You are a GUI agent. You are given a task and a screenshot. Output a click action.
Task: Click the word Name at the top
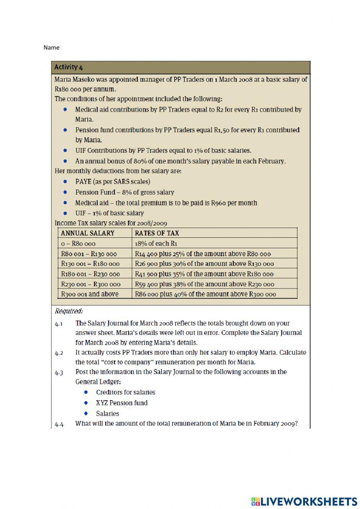[x=51, y=48]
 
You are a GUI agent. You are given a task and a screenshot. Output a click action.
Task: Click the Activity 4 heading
[x=68, y=67]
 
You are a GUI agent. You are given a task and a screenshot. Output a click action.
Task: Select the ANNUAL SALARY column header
[x=87, y=233]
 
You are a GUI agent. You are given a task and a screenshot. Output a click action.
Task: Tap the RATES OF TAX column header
[x=157, y=233]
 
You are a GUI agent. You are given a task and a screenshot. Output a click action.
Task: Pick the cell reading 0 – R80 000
[x=78, y=244]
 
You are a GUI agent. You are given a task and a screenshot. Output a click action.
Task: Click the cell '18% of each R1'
[x=156, y=244]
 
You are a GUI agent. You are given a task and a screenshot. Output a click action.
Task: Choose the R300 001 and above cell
[x=90, y=294]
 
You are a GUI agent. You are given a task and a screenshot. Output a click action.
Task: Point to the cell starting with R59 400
[x=204, y=284]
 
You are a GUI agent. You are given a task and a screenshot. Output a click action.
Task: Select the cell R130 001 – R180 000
[x=90, y=264]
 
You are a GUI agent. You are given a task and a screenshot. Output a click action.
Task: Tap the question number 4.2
[x=59, y=353]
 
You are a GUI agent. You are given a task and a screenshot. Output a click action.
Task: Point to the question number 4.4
[x=59, y=424]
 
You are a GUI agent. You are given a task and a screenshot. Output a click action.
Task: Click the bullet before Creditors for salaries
[x=86, y=392]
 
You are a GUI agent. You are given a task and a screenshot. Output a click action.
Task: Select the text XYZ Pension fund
[x=122, y=403]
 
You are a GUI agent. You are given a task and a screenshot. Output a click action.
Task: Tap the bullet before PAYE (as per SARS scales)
[x=65, y=182]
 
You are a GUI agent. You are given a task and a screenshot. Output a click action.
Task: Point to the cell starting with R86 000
[x=205, y=294]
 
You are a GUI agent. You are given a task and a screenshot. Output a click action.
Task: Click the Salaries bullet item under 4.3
[x=107, y=414]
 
